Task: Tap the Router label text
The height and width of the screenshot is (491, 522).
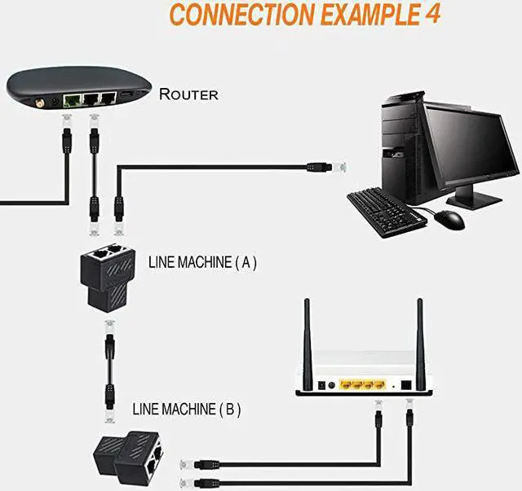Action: [x=188, y=94]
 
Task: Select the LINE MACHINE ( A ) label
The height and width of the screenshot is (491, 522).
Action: [x=202, y=262]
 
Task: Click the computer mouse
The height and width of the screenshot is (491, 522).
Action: [x=448, y=219]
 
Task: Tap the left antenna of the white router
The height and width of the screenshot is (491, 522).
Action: [x=307, y=346]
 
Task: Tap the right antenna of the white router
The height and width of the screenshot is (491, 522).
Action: [x=420, y=345]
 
